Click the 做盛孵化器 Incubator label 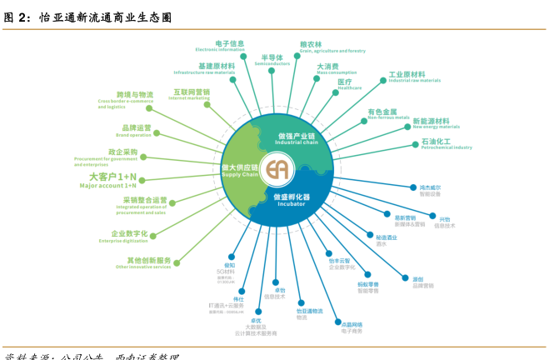pyautogui.click(x=288, y=199)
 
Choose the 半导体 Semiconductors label pyautogui.click(x=272, y=60)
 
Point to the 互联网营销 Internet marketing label pyautogui.click(x=192, y=94)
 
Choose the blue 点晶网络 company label pyautogui.click(x=352, y=326)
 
